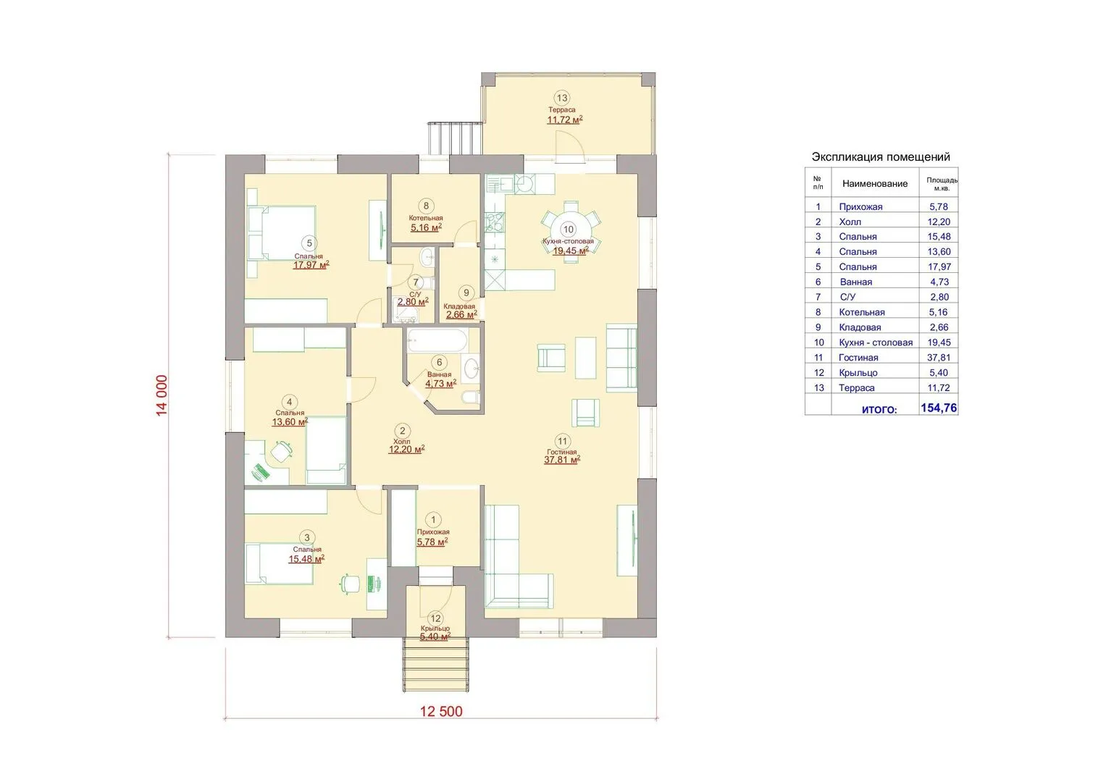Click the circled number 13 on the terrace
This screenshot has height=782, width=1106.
point(562,98)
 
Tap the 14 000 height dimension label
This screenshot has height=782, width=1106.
point(162,395)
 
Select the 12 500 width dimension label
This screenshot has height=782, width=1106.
point(441,711)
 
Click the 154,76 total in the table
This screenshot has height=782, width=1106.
point(939,408)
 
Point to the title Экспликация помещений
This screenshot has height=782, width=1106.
point(881,157)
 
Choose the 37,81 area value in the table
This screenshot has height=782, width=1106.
point(939,358)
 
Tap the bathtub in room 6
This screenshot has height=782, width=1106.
point(437,341)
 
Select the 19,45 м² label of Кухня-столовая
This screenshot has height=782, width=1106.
point(570,251)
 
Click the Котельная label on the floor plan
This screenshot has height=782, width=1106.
point(426,218)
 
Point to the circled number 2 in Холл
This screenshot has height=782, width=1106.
point(403,431)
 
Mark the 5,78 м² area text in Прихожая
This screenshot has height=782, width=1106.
point(432,542)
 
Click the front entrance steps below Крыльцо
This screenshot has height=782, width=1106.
point(436,665)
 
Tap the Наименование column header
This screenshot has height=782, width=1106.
point(875,184)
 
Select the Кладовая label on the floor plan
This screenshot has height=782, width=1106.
point(459,306)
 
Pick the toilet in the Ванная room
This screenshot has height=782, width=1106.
point(471,398)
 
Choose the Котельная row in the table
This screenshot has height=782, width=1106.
point(881,312)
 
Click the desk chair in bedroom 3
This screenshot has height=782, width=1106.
point(350,584)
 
